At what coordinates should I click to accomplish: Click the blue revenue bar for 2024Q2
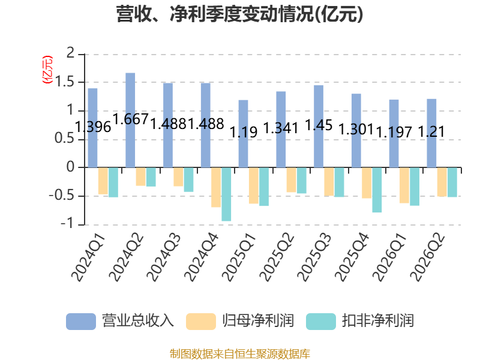tap(130, 121)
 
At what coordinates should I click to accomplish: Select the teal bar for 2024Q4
tap(226, 194)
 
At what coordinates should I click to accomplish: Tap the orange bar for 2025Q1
tap(253, 185)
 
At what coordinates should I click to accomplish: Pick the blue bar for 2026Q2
tap(431, 133)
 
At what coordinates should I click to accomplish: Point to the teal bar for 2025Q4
tap(377, 190)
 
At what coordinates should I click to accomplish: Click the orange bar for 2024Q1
tap(103, 181)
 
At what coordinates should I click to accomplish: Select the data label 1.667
tap(131, 119)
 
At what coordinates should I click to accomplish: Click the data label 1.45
tap(319, 125)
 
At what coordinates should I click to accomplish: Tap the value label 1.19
tap(244, 132)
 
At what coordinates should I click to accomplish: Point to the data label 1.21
tap(431, 132)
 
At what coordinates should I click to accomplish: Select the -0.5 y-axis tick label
tap(62, 196)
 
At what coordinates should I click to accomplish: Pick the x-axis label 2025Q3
tap(314, 257)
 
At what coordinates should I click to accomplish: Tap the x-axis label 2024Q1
tap(88, 257)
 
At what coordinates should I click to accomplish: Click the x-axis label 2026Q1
tap(389, 257)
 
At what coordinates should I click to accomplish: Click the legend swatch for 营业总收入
tap(81, 322)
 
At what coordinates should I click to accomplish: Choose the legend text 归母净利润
tap(258, 321)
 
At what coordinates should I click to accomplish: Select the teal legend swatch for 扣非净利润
tap(321, 322)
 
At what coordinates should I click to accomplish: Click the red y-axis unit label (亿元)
tap(47, 70)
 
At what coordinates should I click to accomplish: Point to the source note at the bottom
tap(240, 354)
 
